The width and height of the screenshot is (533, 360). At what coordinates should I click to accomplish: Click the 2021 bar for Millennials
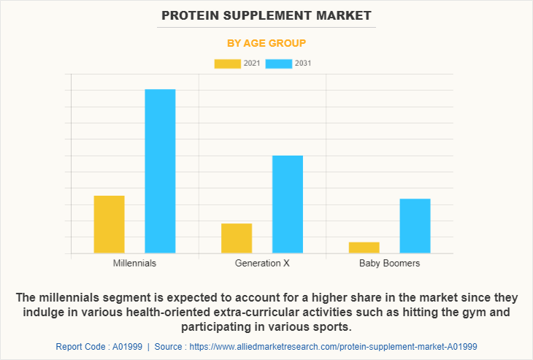[x=109, y=224]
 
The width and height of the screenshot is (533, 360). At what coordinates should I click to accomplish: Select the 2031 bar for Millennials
[x=160, y=171]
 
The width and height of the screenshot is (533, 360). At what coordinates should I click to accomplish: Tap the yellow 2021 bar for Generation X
[x=237, y=238]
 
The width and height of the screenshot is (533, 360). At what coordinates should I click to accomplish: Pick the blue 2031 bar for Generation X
[x=288, y=204]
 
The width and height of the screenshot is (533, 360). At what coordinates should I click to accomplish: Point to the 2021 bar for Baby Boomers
[x=364, y=248]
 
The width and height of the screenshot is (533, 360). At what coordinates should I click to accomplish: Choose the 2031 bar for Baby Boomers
[x=415, y=226]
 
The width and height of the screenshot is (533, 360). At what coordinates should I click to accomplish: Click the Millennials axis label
[x=134, y=263]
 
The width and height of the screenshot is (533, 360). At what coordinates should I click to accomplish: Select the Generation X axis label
[x=262, y=263]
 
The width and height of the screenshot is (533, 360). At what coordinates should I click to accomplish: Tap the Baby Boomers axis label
[x=389, y=263]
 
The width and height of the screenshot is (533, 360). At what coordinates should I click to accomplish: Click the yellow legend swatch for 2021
[x=227, y=64]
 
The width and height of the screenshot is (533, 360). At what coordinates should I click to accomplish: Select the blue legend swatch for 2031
[x=278, y=64]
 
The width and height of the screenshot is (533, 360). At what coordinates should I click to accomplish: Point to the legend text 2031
[x=303, y=64]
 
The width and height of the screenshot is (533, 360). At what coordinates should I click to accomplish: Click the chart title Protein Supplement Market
[x=266, y=15]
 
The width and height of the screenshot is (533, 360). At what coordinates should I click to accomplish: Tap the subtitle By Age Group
[x=266, y=43]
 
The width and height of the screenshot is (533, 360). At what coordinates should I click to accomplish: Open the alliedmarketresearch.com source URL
[x=333, y=346]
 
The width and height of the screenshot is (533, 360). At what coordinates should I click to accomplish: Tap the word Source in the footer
[x=168, y=346]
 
